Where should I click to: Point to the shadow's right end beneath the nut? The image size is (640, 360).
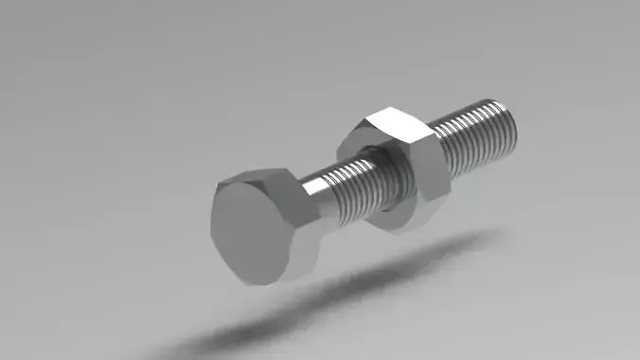coord(473,242)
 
